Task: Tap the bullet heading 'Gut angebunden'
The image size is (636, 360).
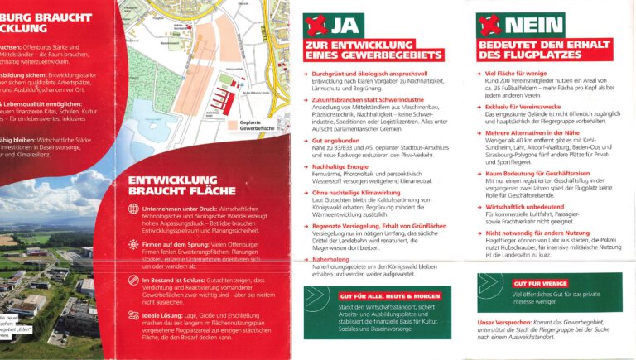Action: point(333,141)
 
